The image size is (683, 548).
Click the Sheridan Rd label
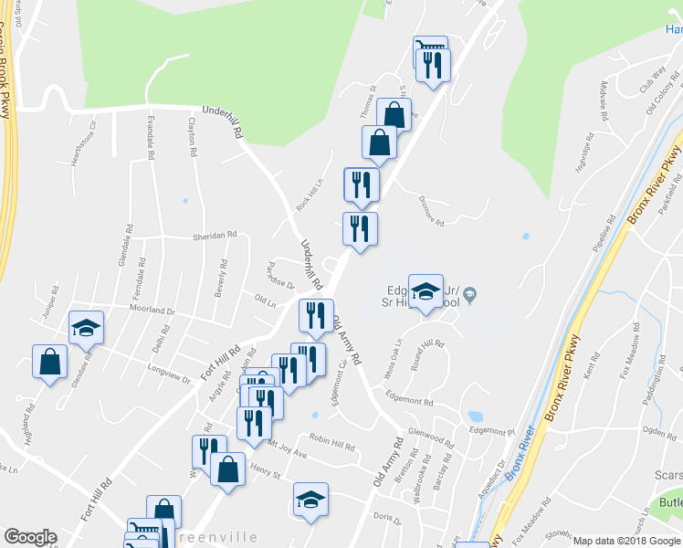pos(215,236)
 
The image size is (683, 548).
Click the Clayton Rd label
pos(193,139)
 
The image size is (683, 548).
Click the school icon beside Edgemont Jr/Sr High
pos(425,291)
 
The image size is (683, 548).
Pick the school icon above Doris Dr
pos(310,500)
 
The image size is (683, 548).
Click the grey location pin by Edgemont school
pos(470,294)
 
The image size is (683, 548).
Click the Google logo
pos(30,537)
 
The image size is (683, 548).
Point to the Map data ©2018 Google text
pos(627,541)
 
